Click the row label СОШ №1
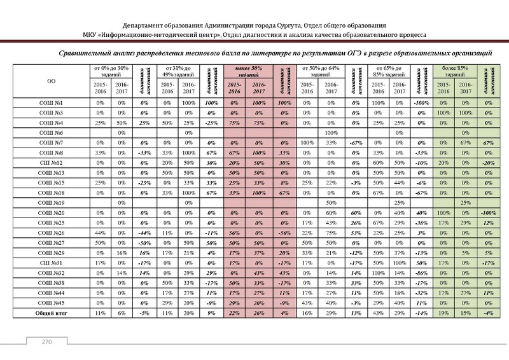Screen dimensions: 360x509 click(x=50, y=102)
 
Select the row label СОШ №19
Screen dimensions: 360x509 click(x=50, y=202)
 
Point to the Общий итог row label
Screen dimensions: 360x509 click(x=50, y=314)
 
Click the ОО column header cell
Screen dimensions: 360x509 click(x=50, y=81)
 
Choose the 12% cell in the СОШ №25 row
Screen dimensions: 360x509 click(x=489, y=223)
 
